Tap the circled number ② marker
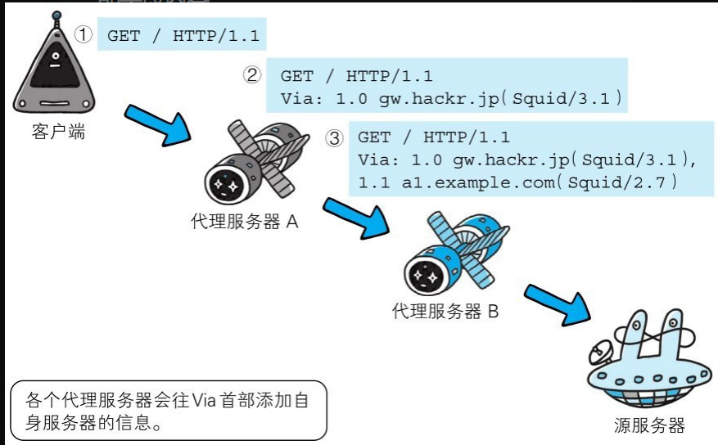pos(252,75)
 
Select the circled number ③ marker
pos(334,137)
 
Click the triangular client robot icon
pos(54,70)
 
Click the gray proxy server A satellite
pos(255,163)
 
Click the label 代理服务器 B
pos(445,312)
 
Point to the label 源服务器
pos(649,425)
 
